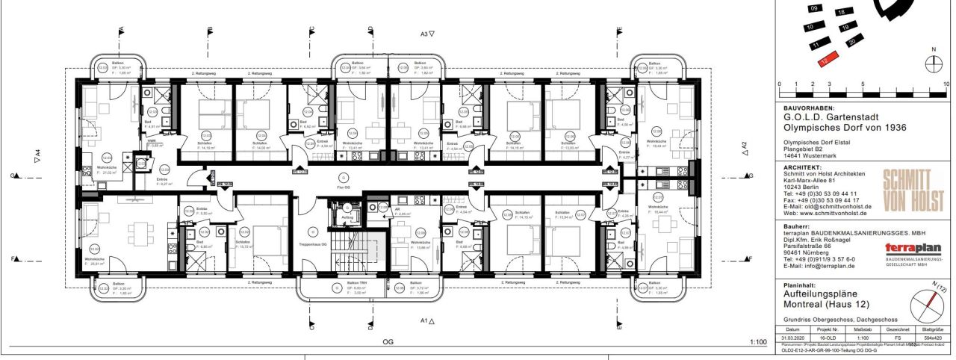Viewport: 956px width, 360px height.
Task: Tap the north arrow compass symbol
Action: pyautogui.click(x=933, y=64)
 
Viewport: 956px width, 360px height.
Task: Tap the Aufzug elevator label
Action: pyautogui.click(x=347, y=218)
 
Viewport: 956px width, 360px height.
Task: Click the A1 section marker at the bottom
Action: pyautogui.click(x=427, y=320)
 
